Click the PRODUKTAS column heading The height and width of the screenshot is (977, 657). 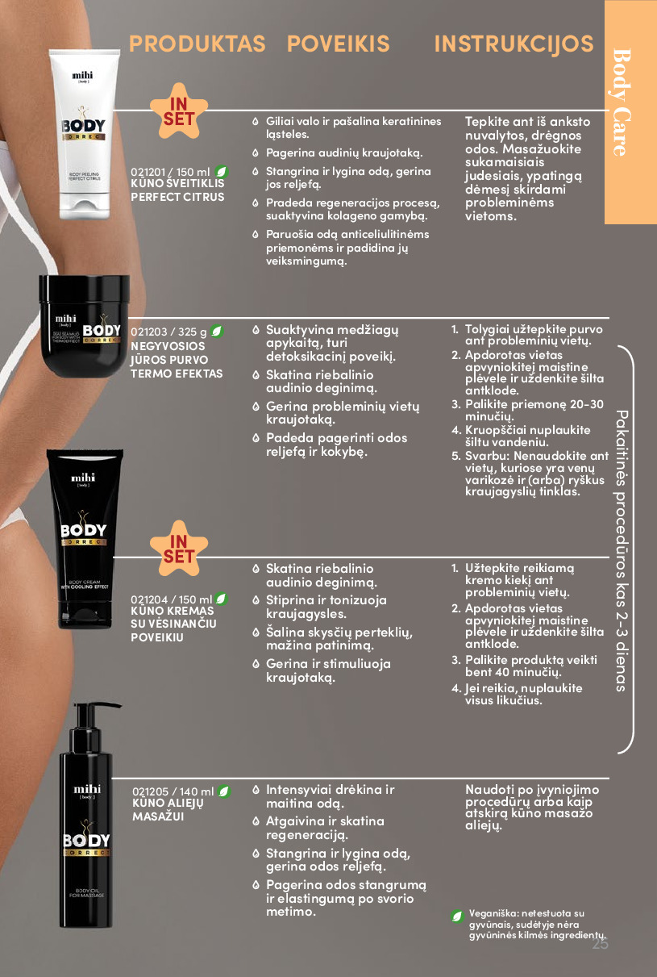point(197,44)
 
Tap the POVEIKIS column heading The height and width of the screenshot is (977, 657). point(338,44)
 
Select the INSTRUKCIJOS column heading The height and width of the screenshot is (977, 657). point(514,44)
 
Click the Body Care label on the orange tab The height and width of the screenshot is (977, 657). point(622,102)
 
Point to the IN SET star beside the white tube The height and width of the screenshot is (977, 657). point(179,111)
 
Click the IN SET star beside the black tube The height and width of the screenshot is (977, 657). point(179,549)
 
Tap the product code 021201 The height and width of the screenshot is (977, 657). point(148,173)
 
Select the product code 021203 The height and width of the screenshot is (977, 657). point(148,332)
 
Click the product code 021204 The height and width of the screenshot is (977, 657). point(149,599)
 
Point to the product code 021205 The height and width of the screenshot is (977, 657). point(150,791)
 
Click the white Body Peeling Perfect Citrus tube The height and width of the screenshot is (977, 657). point(84,134)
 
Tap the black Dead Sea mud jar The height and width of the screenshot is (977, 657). point(84,326)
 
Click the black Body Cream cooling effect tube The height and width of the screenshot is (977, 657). point(84,539)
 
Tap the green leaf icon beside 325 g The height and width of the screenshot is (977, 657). point(217,332)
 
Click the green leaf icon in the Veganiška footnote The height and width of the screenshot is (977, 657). point(457,916)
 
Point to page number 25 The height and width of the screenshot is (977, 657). point(600,944)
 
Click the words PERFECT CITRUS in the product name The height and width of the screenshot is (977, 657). point(177,197)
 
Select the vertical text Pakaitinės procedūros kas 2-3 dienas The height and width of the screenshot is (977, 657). point(621,551)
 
